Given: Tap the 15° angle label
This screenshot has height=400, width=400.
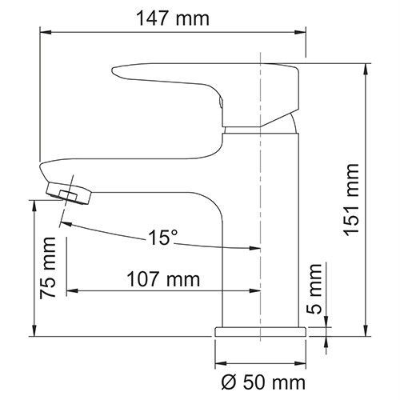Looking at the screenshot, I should coord(162,238).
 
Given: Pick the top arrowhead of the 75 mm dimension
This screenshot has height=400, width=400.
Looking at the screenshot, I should coord(34,205).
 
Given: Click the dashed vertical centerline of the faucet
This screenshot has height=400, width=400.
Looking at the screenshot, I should coord(262,160).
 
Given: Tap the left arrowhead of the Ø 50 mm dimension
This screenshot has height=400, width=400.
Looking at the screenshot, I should coord(219,358).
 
